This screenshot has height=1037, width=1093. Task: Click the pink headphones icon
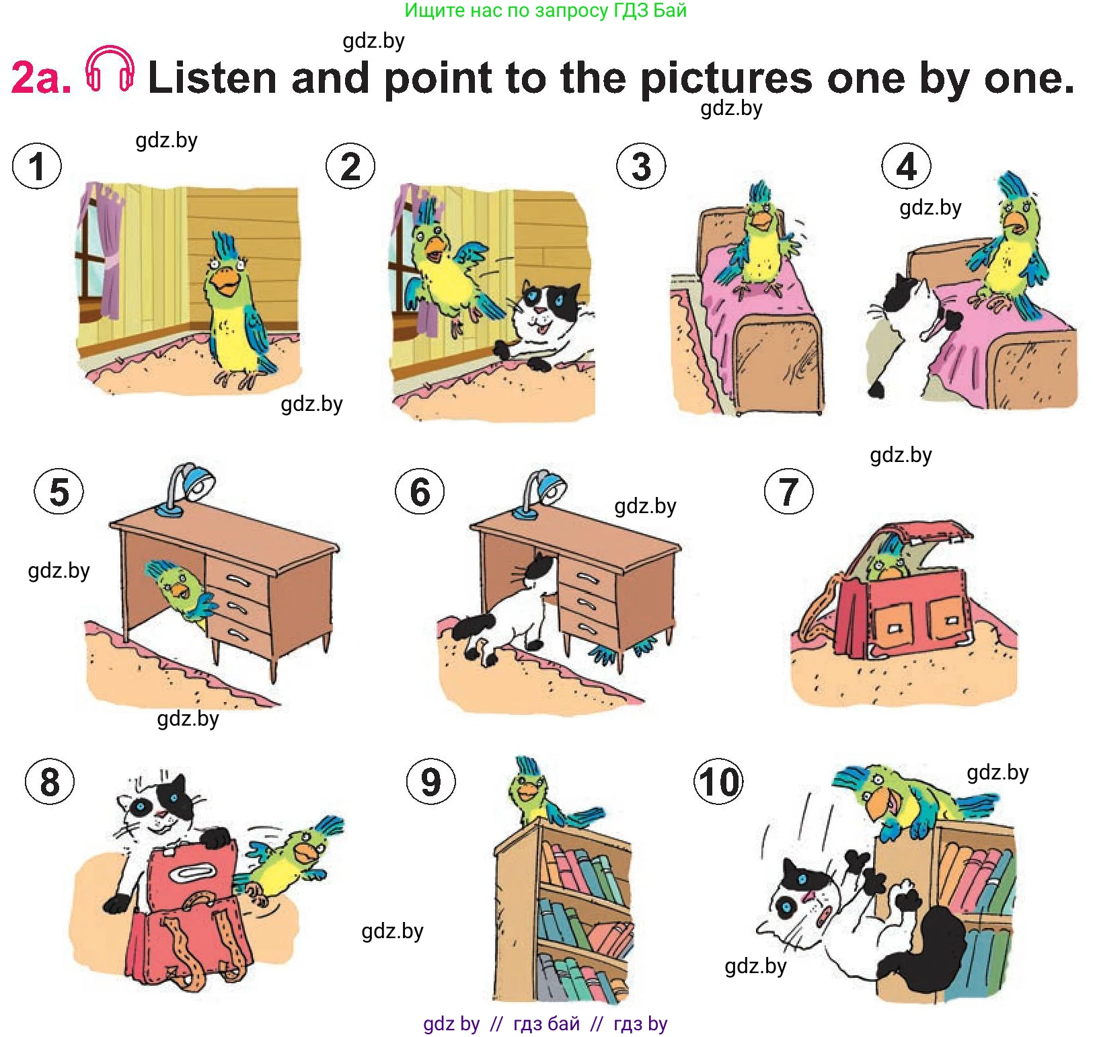click(x=110, y=69)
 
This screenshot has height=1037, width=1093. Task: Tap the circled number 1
click(x=37, y=166)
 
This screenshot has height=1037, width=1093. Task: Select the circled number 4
click(x=906, y=166)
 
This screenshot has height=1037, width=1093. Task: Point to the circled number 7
click(x=788, y=491)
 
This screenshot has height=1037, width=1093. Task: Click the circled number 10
click(x=718, y=782)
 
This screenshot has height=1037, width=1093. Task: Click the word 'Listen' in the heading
click(x=213, y=77)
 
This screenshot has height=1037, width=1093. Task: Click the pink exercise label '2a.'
click(x=41, y=78)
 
